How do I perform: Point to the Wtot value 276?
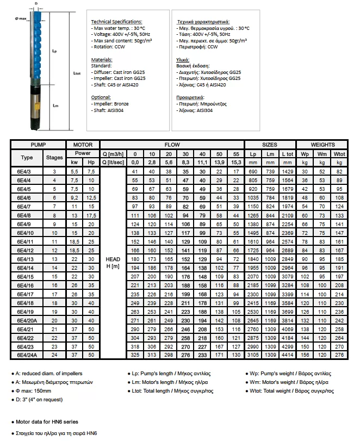click(x=339, y=355)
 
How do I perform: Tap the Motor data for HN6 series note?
click(x=47, y=422)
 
